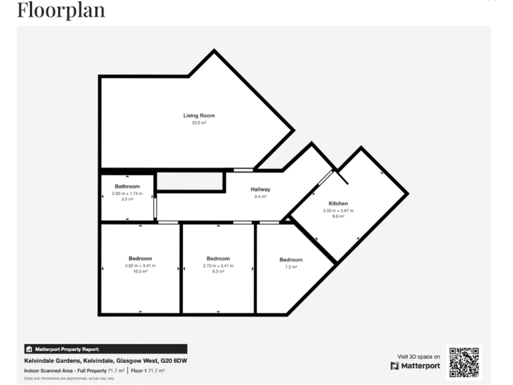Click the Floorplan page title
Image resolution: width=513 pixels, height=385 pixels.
[61, 10]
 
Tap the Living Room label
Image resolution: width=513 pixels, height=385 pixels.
[199, 116]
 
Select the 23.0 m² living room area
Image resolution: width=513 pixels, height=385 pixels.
[199, 123]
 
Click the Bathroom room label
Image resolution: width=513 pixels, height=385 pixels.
[127, 186]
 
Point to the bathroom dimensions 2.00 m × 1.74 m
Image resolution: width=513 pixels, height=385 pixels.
[127, 193]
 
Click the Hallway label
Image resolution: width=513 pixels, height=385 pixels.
[260, 189]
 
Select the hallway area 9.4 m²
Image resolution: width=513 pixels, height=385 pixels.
[260, 197]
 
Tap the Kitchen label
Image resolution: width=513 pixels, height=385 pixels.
[338, 203]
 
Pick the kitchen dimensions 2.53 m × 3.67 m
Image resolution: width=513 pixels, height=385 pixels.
[338, 210]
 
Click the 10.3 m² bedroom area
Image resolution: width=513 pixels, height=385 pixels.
[140, 271]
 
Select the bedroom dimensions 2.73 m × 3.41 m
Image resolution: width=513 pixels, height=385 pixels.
[218, 265]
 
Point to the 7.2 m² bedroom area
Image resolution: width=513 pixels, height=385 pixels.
[291, 267]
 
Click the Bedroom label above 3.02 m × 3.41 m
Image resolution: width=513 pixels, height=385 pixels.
[140, 259]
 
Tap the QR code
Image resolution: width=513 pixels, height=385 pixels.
[464, 363]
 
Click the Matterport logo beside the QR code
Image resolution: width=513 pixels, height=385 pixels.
[415, 366]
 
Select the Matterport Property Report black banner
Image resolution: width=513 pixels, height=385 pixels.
[105, 349]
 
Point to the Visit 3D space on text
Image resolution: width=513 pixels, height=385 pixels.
[419, 356]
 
